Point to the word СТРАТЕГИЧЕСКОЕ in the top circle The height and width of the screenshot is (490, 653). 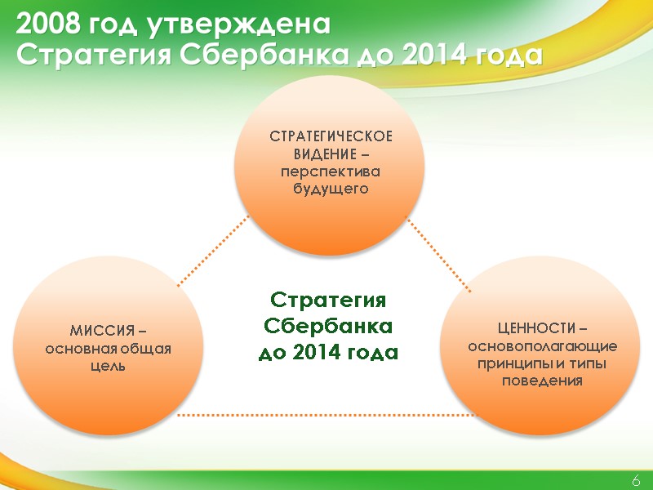pos(331,136)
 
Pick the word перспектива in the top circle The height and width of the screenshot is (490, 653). pos(331,171)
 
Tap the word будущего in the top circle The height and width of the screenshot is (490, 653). pos(331,189)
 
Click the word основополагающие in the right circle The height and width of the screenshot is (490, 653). pos(542,345)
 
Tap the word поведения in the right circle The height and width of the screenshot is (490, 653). pos(542,381)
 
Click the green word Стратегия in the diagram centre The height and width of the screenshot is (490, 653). pos(327,299)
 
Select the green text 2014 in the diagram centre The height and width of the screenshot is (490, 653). pos(322,353)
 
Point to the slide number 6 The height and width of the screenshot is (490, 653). pos(635,480)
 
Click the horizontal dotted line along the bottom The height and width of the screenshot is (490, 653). pos(326,415)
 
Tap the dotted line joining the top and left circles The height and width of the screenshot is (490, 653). pos(212,251)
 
